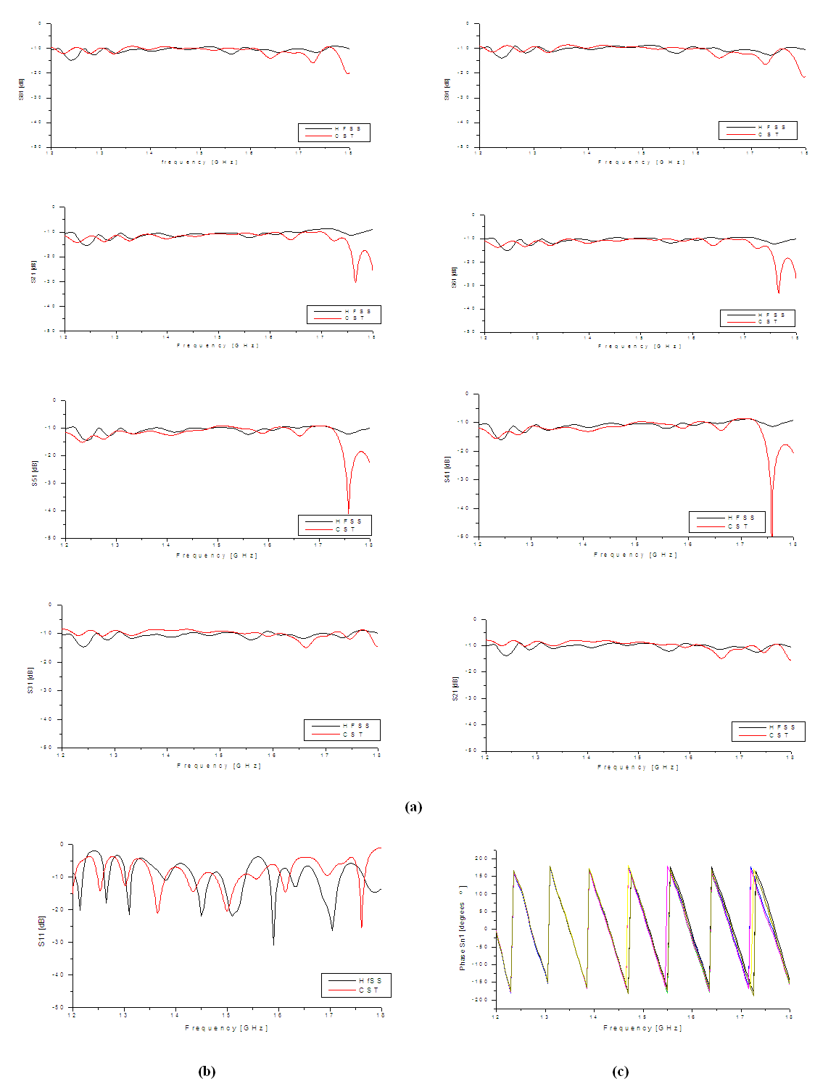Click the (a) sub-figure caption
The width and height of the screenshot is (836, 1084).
tap(413, 807)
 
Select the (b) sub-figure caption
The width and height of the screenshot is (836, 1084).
tap(207, 1071)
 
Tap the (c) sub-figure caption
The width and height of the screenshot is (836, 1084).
tap(620, 1071)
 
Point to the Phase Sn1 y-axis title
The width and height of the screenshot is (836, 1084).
tap(463, 927)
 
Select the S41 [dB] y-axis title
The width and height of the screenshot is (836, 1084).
tap(447, 469)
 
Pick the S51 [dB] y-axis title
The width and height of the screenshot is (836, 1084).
tap(34, 473)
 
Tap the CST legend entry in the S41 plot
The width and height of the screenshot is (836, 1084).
tap(738, 526)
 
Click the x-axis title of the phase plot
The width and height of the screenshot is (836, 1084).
tap(642, 1027)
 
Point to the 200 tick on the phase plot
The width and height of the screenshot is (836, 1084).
tap(481, 858)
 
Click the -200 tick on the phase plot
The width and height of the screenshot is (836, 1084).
tap(481, 1000)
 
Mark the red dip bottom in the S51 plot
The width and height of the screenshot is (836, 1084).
tap(349, 511)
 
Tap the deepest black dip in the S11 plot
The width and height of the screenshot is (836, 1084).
tap(273, 943)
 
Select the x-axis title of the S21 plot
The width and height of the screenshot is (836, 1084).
tap(638, 767)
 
